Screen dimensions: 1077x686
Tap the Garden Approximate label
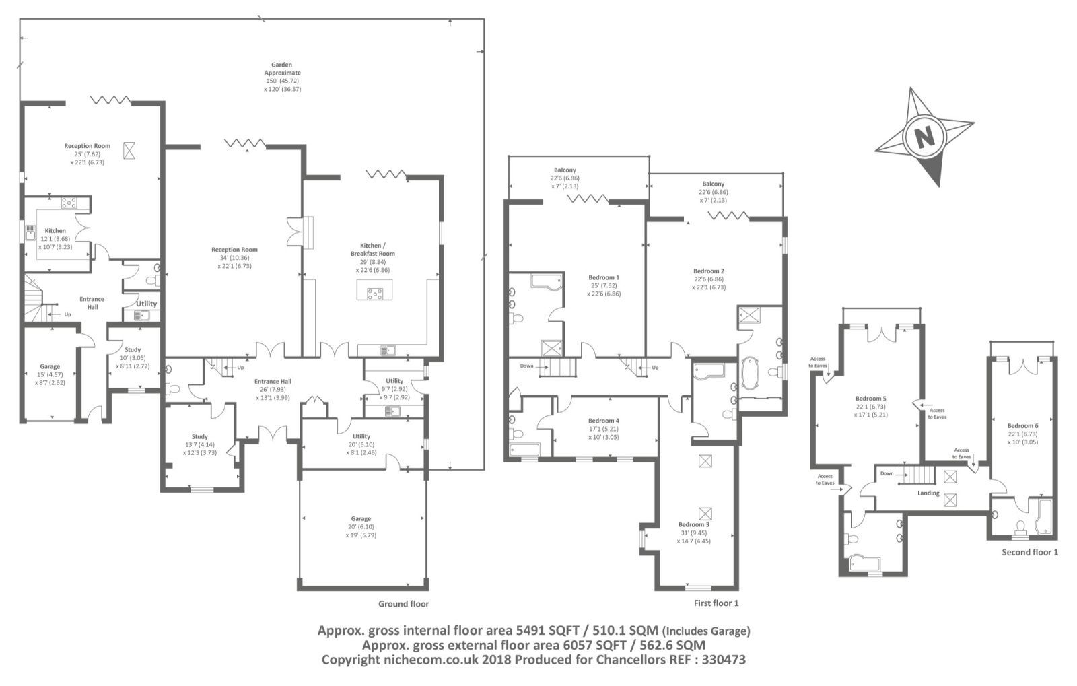tap(282, 69)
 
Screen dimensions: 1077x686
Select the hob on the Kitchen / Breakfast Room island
tap(374, 293)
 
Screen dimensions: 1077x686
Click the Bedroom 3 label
tap(694, 524)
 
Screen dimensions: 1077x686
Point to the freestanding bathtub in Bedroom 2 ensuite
tap(750, 372)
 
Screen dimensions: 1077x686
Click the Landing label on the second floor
tap(928, 493)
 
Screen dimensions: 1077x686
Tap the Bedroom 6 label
tap(1022, 426)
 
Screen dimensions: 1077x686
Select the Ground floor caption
tap(403, 604)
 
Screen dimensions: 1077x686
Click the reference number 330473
tap(724, 660)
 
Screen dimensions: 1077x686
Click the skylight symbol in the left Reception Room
tap(129, 151)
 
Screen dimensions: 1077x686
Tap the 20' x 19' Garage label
tap(361, 526)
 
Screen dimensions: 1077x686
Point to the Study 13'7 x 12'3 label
tap(199, 444)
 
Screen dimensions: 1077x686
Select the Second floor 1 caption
tap(1030, 552)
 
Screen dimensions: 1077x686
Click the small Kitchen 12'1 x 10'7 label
tap(55, 238)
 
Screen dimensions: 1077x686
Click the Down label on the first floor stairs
tap(526, 366)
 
